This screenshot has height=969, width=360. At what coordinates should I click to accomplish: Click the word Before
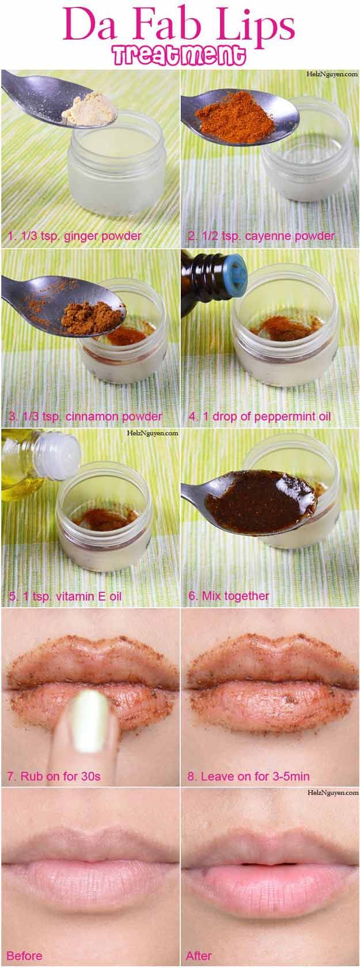[25, 956]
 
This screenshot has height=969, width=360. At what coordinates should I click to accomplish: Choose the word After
[199, 956]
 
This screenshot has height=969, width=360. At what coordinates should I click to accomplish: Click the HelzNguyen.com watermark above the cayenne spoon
[332, 74]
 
